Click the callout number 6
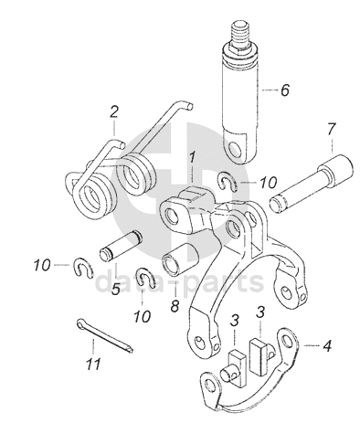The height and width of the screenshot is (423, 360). click(284, 90)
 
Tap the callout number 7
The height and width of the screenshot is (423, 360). click(332, 129)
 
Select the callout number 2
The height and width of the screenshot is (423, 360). click(114, 111)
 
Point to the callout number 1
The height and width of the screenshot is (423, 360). click(192, 158)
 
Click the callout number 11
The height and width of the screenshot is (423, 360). click(93, 364)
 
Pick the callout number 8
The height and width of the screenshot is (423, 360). click(175, 306)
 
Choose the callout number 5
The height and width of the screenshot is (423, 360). click(116, 289)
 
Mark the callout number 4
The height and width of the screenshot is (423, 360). click(326, 346)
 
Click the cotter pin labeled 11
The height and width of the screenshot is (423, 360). click(105, 335)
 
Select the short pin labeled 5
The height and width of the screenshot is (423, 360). click(121, 246)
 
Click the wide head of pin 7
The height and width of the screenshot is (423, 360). click(336, 167)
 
